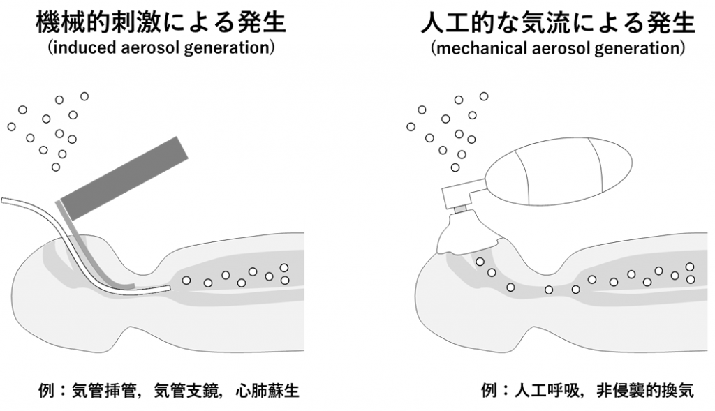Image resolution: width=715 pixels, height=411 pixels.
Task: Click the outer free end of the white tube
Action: pyautogui.click(x=4, y=200)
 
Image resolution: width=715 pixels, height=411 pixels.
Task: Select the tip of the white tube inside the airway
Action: pyautogui.click(x=167, y=287)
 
